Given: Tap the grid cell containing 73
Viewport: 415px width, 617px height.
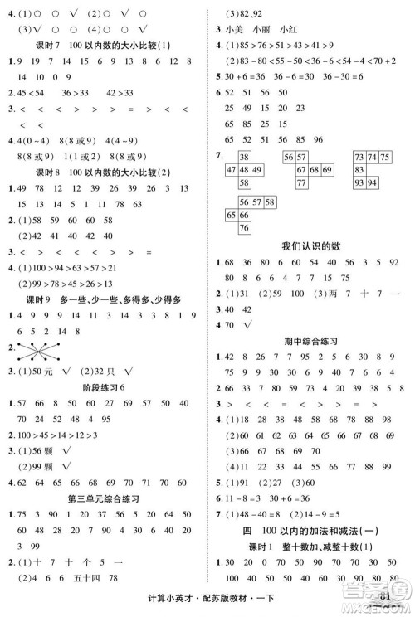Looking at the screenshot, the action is pyautogui.click(x=359, y=157).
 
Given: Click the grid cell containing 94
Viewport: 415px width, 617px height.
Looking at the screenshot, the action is pyautogui.click(x=373, y=182).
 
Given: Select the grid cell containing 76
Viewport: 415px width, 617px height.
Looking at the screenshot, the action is pyautogui.click(x=244, y=228).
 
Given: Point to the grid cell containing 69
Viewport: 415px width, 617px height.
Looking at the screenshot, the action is pyautogui.click(x=326, y=169).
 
